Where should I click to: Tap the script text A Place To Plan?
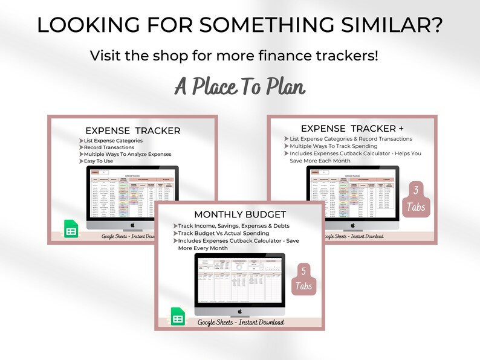click(240, 86)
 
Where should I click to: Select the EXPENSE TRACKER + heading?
click(344, 128)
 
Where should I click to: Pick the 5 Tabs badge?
click(304, 278)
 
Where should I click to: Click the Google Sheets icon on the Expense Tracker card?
click(71, 230)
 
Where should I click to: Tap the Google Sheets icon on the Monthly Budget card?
click(178, 317)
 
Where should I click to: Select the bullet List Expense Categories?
click(113, 141)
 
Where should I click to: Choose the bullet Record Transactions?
click(109, 147)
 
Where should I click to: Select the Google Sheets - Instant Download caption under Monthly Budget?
click(241, 323)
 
